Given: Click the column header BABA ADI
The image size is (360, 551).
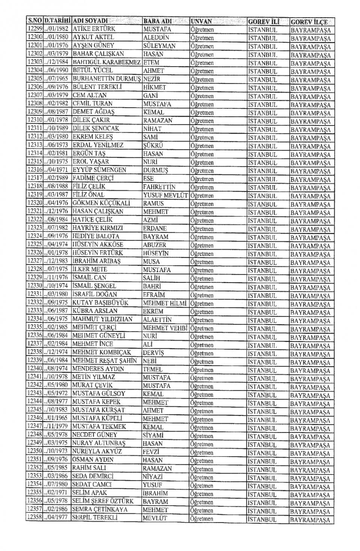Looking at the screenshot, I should point(157,21).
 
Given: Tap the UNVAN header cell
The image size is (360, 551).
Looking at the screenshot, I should point(201,21).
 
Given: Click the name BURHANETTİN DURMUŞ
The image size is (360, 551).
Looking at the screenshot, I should point(107,79).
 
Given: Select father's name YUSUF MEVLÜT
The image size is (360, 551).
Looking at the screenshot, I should point(165,195).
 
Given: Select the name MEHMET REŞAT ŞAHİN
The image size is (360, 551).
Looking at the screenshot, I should point(105,361).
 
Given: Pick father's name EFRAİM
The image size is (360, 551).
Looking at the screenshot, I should point(154,295).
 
